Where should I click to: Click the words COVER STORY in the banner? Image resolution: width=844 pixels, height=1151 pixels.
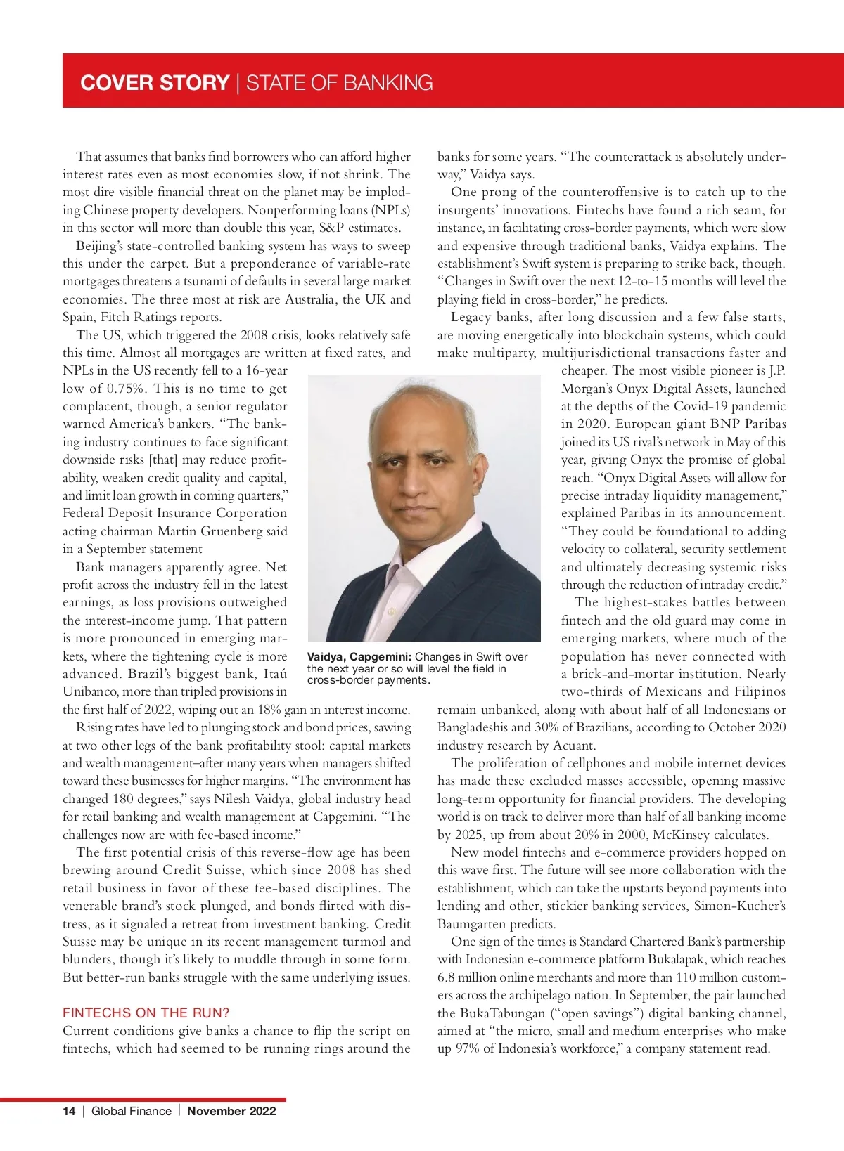tap(155, 83)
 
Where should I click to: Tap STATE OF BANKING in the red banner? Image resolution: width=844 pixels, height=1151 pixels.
tap(339, 83)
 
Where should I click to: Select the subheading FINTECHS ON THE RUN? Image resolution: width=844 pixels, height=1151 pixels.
tap(146, 1013)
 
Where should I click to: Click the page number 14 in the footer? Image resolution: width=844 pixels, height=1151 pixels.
tap(69, 1111)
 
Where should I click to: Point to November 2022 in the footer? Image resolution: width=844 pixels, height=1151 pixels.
tap(231, 1111)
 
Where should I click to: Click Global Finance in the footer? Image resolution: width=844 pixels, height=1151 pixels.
tap(132, 1111)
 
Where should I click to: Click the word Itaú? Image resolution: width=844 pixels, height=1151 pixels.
tap(275, 674)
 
